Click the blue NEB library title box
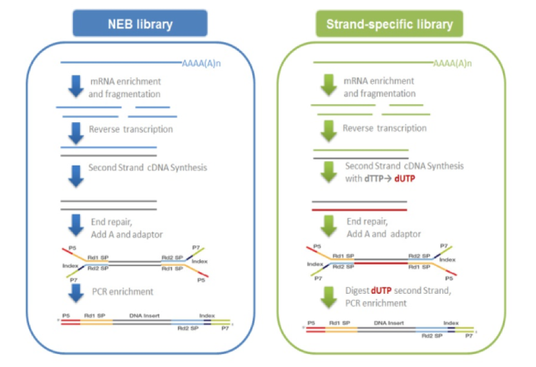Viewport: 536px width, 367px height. [140, 24]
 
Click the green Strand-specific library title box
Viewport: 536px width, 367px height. [389, 24]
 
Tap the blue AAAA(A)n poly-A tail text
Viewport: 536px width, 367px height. [201, 63]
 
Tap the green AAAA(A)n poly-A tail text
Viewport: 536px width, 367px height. [452, 63]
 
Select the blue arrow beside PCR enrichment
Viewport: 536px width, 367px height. [76, 293]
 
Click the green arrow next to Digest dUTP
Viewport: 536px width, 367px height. [329, 297]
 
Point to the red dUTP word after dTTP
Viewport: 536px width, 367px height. [405, 178]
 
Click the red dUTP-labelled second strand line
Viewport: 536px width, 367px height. [359, 210]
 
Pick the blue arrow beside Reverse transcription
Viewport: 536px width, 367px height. [76, 133]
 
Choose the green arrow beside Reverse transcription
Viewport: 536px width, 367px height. [329, 131]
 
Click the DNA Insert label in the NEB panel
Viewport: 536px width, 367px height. [144, 316]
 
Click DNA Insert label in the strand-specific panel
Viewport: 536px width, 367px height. [389, 322]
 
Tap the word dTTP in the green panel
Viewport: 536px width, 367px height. [374, 178]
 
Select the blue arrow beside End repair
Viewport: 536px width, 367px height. [76, 226]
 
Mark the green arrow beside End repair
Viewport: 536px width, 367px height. [329, 226]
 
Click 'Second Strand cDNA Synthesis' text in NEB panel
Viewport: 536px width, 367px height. [147, 167]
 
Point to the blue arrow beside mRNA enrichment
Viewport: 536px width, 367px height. [76, 86]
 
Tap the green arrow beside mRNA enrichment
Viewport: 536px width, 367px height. [329, 85]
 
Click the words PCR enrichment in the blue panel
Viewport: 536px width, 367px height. [123, 291]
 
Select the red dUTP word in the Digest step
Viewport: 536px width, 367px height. [381, 290]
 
